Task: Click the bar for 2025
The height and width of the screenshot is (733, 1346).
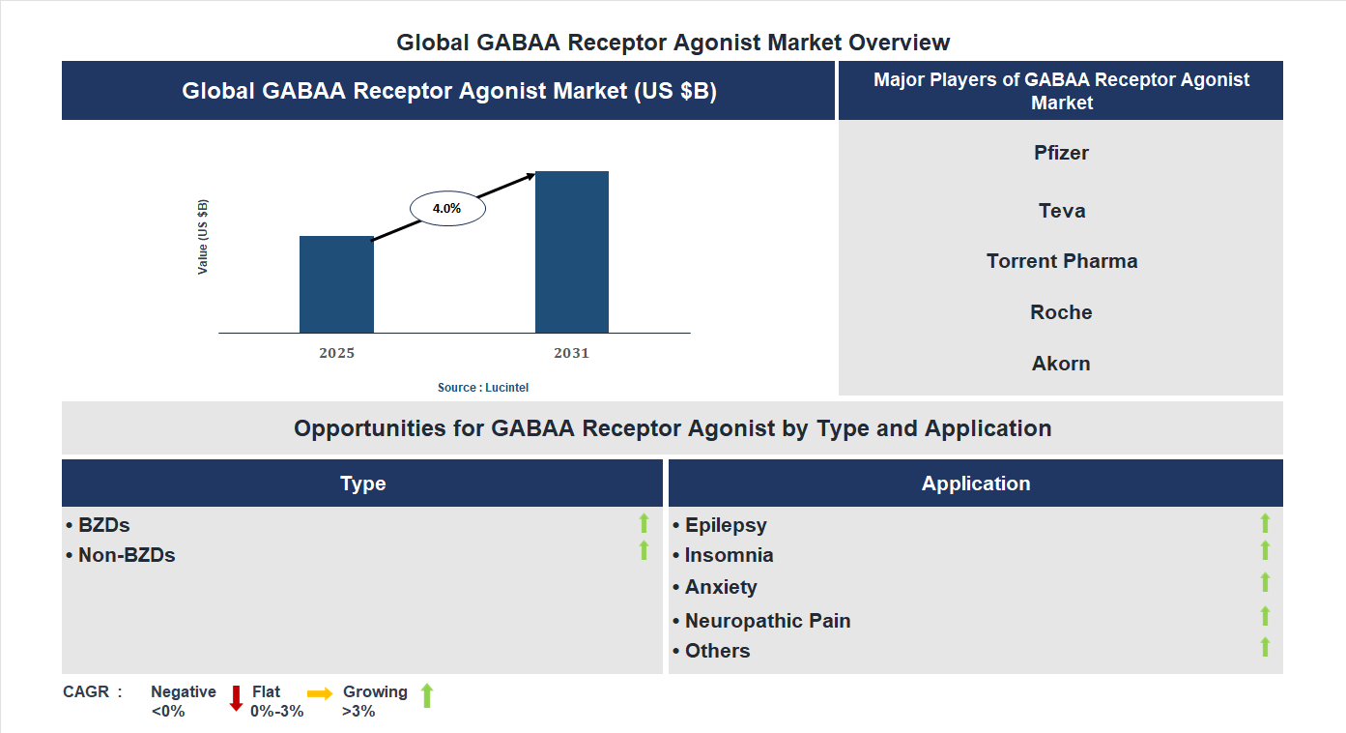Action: pyautogui.click(x=336, y=284)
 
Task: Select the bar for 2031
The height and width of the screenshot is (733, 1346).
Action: pyautogui.click(x=572, y=252)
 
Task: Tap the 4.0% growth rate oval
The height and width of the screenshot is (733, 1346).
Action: pyautogui.click(x=447, y=208)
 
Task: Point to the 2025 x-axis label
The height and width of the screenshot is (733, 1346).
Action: pyautogui.click(x=336, y=353)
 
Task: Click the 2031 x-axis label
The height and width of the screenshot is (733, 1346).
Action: pyautogui.click(x=571, y=353)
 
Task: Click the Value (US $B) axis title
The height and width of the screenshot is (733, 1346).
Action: pyautogui.click(x=203, y=237)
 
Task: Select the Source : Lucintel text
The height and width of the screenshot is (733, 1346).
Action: pyautogui.click(x=483, y=387)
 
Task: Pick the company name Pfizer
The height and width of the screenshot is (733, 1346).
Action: pyautogui.click(x=1061, y=153)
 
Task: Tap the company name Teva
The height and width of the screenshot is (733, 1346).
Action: pyautogui.click(x=1061, y=211)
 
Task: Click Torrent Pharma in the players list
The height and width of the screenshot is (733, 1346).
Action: pyautogui.click(x=1061, y=261)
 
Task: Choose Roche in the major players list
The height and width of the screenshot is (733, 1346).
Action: pyautogui.click(x=1061, y=312)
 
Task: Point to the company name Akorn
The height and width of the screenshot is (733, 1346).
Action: pyautogui.click(x=1061, y=364)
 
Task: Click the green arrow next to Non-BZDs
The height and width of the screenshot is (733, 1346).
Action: pyautogui.click(x=644, y=550)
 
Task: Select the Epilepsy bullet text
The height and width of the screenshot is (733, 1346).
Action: pyautogui.click(x=726, y=525)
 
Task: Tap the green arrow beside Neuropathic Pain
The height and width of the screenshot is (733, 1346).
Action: pyautogui.click(x=1265, y=616)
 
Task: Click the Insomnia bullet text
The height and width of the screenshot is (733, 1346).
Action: pyautogui.click(x=729, y=555)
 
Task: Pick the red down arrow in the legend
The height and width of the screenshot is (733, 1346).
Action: pyautogui.click(x=236, y=698)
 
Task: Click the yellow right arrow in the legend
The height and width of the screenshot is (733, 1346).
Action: pyautogui.click(x=320, y=693)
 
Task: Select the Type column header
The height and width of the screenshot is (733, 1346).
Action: pyautogui.click(x=362, y=484)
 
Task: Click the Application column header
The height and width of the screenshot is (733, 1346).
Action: pyautogui.click(x=975, y=484)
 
